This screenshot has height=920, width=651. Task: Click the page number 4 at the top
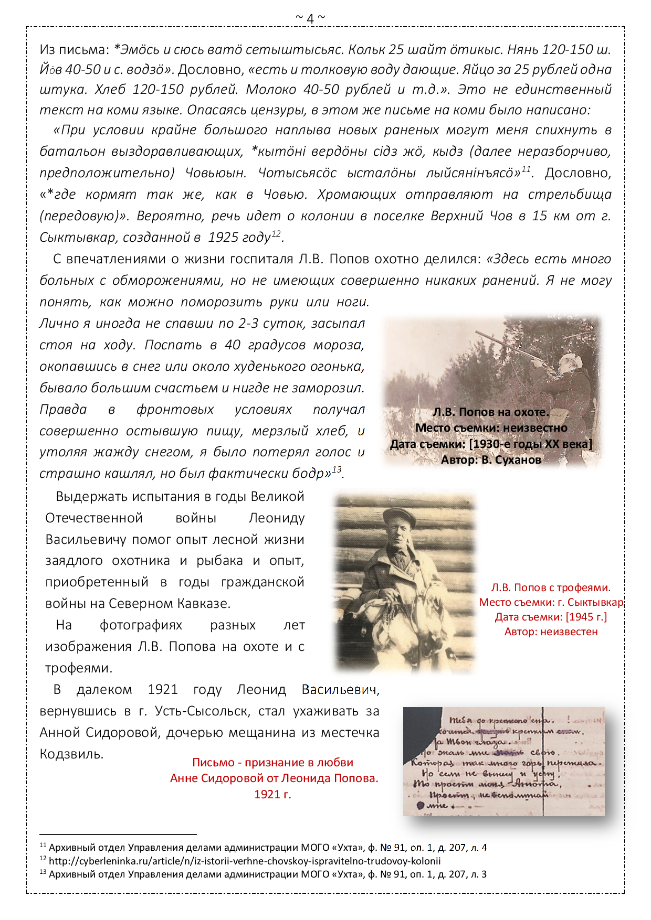[310, 19]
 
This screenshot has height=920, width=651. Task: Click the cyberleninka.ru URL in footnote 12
[245, 861]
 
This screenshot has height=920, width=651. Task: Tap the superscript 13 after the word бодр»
[337, 469]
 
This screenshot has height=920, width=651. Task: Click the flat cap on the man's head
[399, 517]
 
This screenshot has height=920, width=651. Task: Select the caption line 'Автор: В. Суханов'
[491, 460]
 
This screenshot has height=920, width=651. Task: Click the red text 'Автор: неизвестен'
[551, 632]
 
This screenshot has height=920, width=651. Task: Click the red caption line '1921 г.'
[272, 794]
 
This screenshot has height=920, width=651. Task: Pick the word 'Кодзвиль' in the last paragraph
[70, 754]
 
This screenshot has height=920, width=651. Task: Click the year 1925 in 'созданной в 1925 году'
[224, 238]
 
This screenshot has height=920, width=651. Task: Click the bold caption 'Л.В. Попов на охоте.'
[491, 412]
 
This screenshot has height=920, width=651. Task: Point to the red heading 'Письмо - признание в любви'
[272, 763]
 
